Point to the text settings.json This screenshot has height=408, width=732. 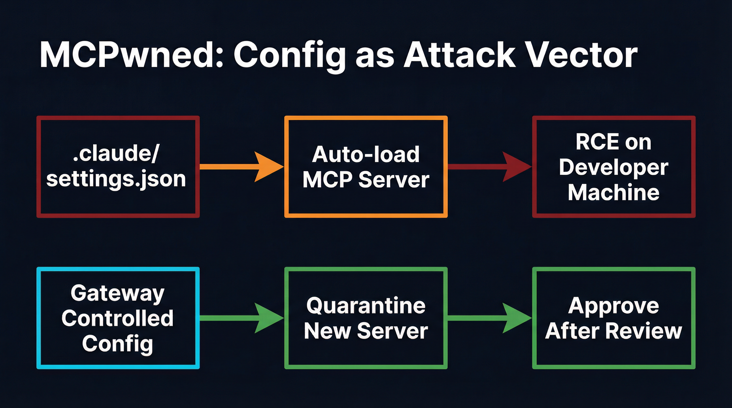[x=116, y=179]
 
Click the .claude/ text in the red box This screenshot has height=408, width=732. [x=116, y=154]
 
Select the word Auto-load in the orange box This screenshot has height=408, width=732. [x=366, y=154]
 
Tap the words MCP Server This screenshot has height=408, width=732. [x=366, y=180]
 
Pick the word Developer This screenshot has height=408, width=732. [x=614, y=167]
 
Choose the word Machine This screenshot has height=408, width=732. [x=614, y=192]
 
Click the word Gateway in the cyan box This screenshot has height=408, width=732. [x=117, y=293]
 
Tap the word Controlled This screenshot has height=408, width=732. [x=117, y=318]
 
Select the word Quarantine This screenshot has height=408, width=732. [x=366, y=305]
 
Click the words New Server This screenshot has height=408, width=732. [x=366, y=331]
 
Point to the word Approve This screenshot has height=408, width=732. [x=614, y=305]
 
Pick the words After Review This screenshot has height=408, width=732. [x=614, y=331]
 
